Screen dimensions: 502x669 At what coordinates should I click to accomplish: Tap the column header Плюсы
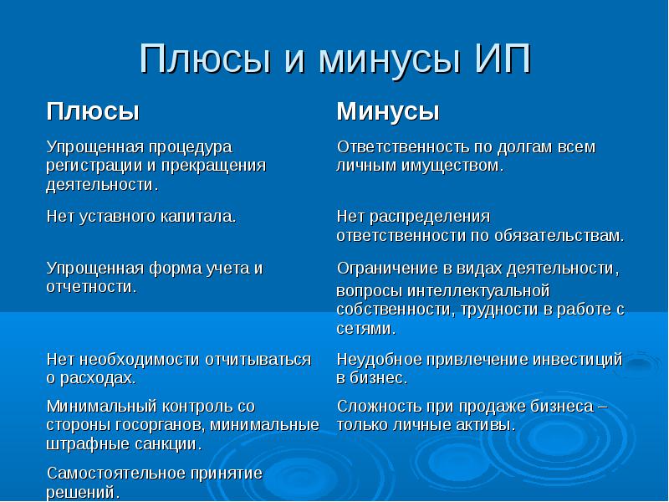pyautogui.click(x=92, y=111)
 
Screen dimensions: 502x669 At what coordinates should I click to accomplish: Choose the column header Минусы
pyautogui.click(x=388, y=111)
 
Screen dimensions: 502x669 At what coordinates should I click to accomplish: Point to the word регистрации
pyautogui.click(x=89, y=165)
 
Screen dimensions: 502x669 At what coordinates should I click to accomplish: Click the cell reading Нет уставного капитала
pyautogui.click(x=140, y=216)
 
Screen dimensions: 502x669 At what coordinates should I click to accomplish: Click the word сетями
pyautogui.click(x=365, y=329)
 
